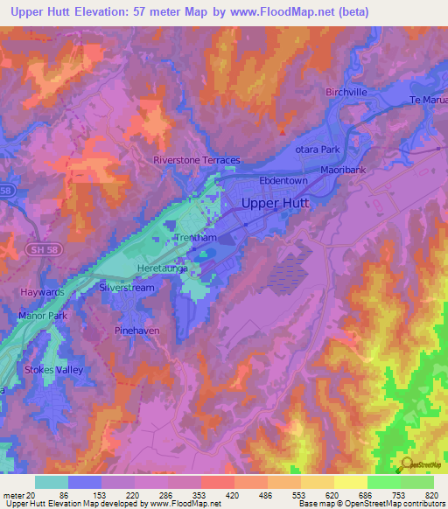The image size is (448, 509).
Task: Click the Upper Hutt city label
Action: (x=275, y=203)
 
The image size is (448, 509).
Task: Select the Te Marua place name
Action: (x=428, y=100)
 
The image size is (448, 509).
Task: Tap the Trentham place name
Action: (x=194, y=238)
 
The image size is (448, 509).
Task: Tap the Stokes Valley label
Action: (x=51, y=370)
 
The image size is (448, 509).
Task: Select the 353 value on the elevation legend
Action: (x=183, y=494)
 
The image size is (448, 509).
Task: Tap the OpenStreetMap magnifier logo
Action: (x=406, y=464)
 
